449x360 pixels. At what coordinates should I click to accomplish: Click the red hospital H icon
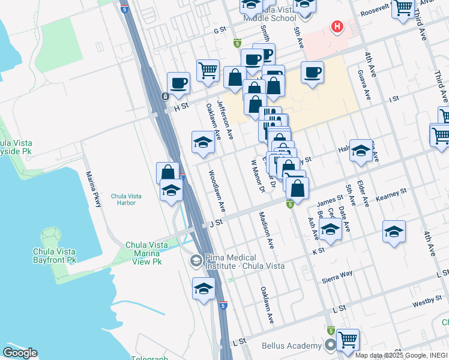coord(337,26)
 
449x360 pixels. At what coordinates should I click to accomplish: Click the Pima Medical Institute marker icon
coord(196,260)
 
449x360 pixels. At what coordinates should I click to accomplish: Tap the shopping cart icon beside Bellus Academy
coord(348,340)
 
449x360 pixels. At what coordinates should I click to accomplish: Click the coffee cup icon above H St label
coord(178,83)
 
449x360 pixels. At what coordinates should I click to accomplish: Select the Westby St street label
coord(427,303)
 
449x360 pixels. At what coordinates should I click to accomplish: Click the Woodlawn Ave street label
coord(216,191)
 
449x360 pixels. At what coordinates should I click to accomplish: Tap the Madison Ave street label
coord(266,230)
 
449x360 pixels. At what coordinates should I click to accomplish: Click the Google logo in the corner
coord(20,353)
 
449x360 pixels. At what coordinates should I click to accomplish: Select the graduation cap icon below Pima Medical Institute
coord(203,288)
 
